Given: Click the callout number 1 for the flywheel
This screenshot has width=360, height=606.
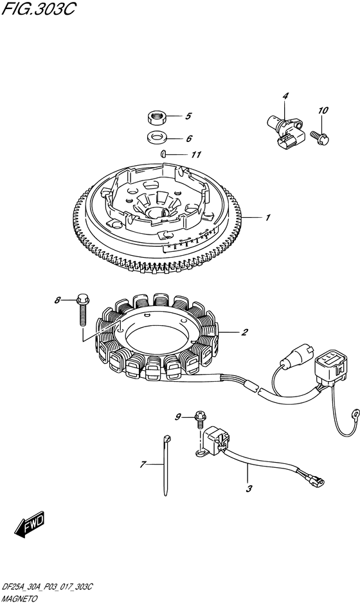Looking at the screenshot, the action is pos(267,218).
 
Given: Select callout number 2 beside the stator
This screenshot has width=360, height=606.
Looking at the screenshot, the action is pos(244,332).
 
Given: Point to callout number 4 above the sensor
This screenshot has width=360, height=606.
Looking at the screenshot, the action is pos(285,96).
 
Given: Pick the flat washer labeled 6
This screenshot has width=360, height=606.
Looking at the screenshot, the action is pos(157,137).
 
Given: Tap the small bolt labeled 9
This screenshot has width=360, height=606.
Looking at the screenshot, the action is pos(201,419).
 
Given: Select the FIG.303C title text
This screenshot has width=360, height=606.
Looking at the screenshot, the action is pos(39,8).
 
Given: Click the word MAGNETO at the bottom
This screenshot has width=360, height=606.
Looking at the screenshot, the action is pos(20,599).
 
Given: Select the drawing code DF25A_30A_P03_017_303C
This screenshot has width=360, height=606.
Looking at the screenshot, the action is pos(47,587).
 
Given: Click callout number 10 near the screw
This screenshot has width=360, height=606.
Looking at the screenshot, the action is pos(323,111).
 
